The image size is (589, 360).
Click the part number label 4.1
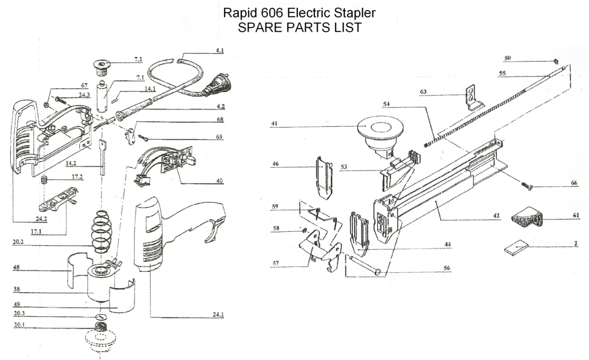click(219, 51)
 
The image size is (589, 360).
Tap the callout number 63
click(423, 92)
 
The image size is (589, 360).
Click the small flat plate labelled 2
click(517, 249)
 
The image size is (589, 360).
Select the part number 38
click(16, 289)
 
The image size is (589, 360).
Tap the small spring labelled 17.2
click(44, 181)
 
